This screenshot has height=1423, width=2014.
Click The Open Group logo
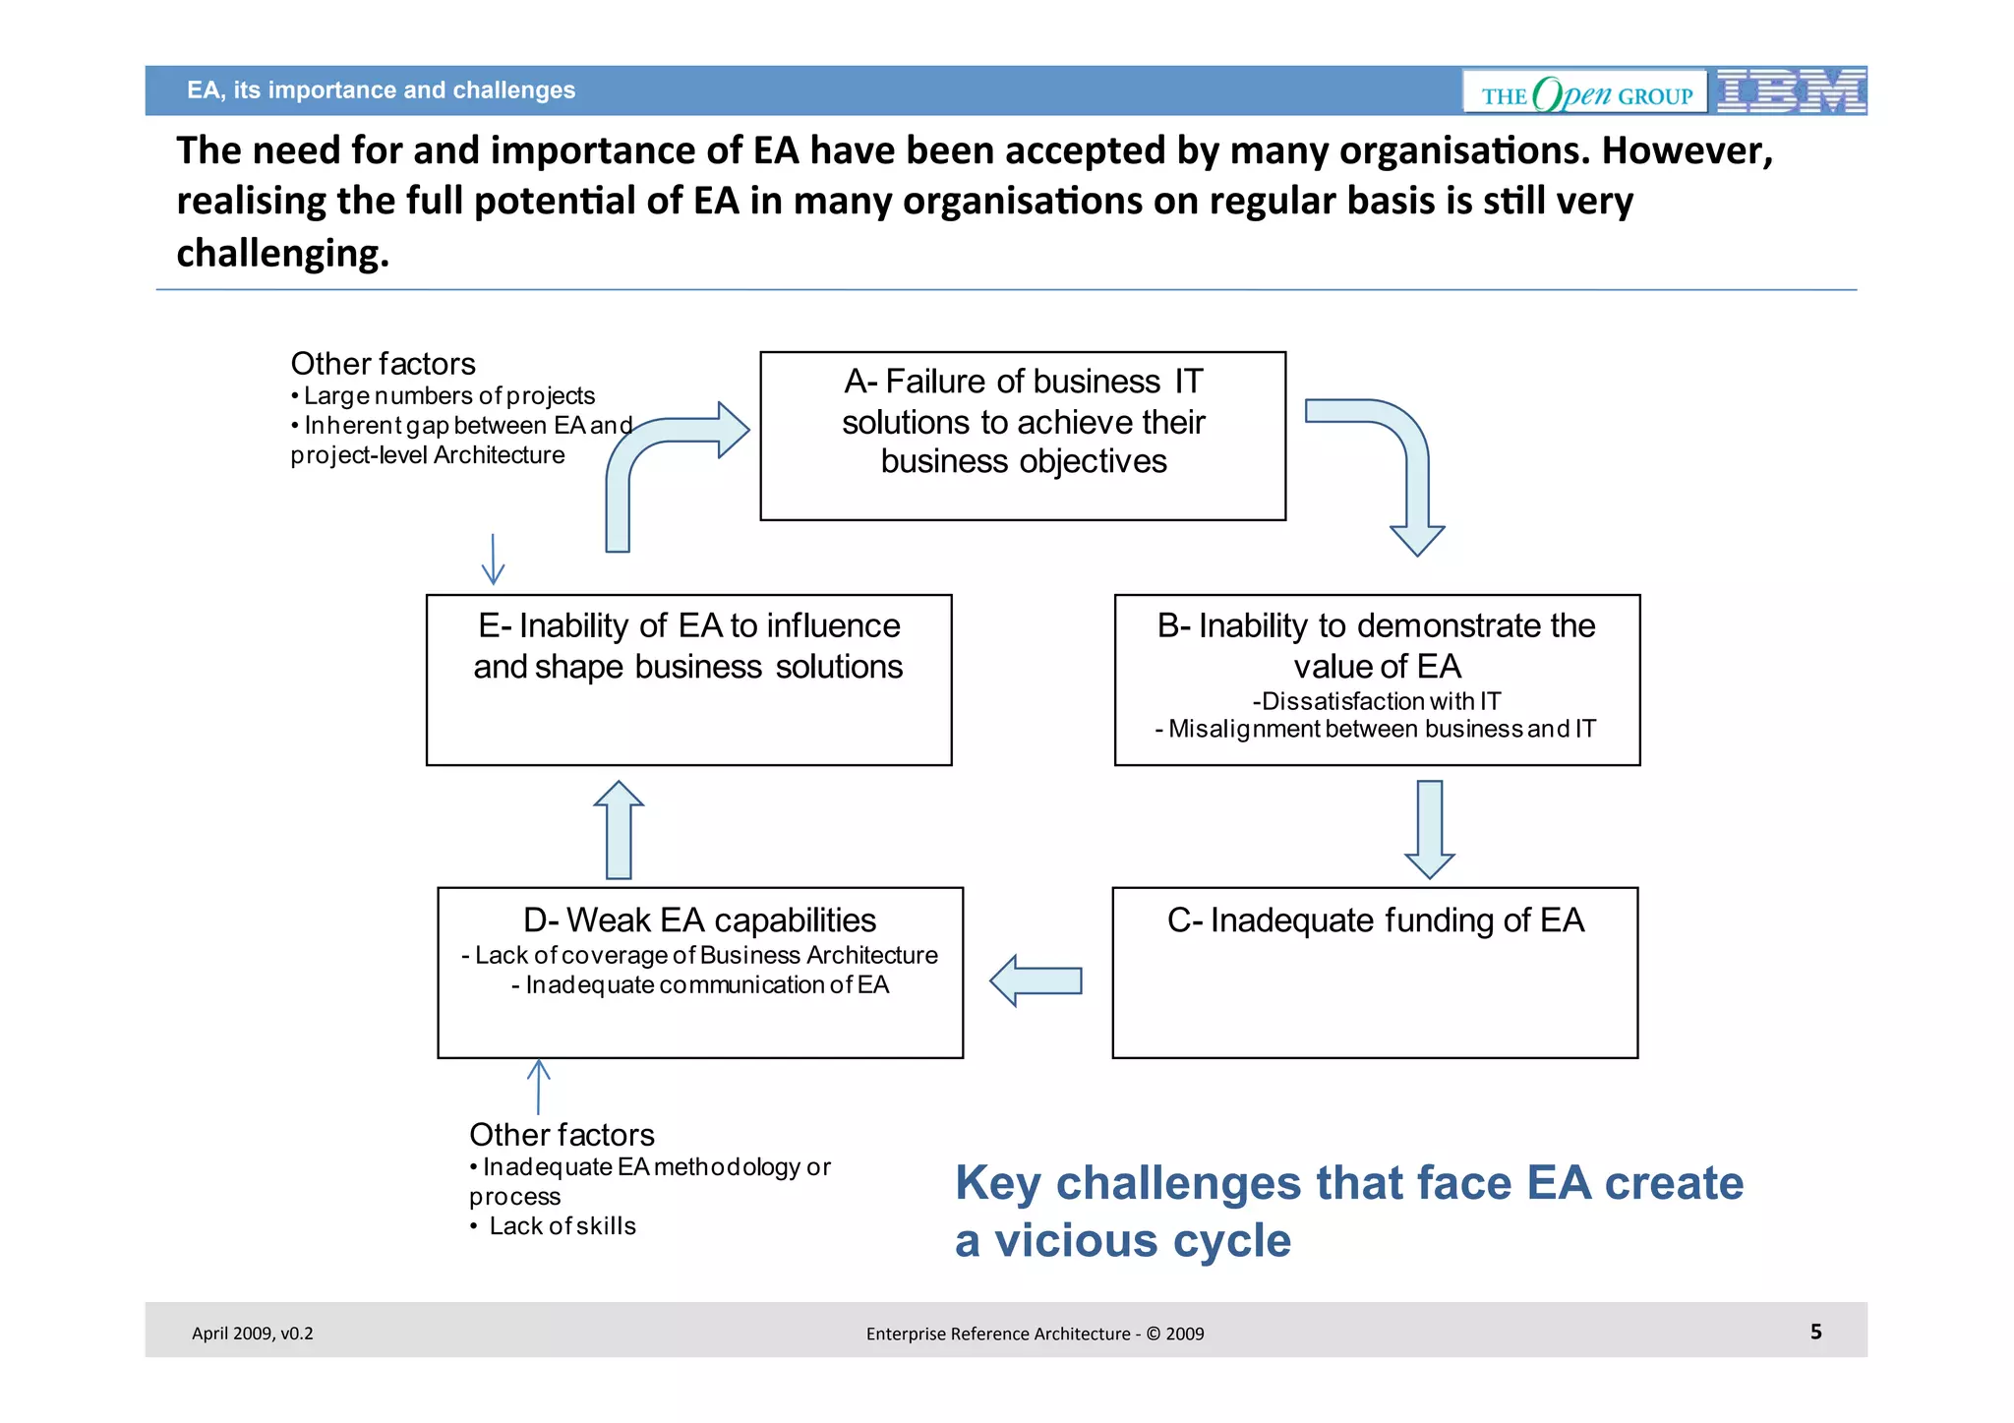[x=1585, y=92]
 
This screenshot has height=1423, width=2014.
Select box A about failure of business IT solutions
[x=1023, y=436]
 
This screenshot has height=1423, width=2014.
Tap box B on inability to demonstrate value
[x=1377, y=680]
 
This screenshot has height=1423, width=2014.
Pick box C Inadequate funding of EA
[x=1375, y=973]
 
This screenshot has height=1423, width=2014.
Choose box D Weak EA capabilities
[x=700, y=973]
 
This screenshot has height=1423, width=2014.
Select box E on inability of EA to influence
[x=688, y=680]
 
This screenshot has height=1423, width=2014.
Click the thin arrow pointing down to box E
[x=493, y=559]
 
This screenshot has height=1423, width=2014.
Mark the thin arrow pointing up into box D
[x=538, y=1086]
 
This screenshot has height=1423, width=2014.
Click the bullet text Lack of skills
[x=562, y=1226]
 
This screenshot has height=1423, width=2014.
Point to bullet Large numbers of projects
[x=447, y=395]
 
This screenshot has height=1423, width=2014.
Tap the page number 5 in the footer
[x=1815, y=1332]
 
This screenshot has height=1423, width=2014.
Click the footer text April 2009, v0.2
[x=252, y=1334]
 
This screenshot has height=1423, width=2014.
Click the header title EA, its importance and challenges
[x=381, y=90]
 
